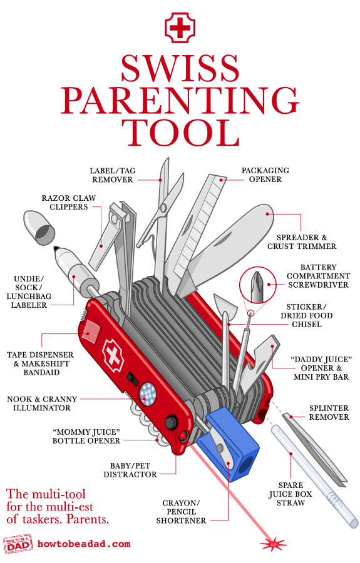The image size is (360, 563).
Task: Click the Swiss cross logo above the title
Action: [x=180, y=28]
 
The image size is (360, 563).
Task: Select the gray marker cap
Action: [x=39, y=228]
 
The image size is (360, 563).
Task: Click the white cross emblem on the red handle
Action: [x=113, y=356]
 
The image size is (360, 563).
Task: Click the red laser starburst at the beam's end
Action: [x=274, y=544]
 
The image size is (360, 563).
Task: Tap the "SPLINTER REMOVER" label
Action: [x=329, y=413]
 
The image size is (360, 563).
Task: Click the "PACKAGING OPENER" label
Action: [x=265, y=175]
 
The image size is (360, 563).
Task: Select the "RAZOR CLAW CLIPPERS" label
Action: [x=69, y=203]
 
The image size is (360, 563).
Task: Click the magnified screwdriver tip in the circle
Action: [x=257, y=285]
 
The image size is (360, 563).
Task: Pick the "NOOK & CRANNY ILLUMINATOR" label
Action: [x=42, y=403]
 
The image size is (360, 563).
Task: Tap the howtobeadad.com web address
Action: [x=84, y=544]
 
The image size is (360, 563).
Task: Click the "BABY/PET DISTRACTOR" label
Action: [x=130, y=470]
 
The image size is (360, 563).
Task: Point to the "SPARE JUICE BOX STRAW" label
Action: [x=291, y=494]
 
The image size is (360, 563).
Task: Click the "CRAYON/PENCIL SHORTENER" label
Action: [x=181, y=512]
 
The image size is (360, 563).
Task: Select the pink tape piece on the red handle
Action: [x=90, y=331]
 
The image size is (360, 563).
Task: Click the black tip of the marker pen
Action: [x=56, y=248]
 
